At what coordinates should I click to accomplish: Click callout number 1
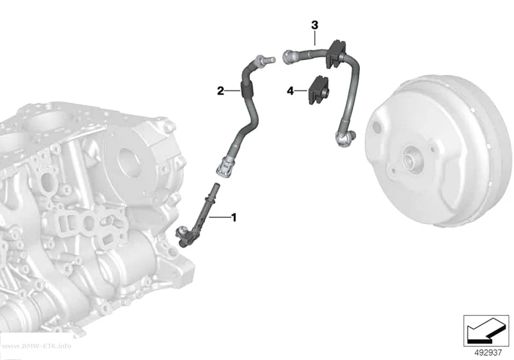click(x=234, y=217)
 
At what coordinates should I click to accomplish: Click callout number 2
click(x=221, y=91)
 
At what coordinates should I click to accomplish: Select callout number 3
click(x=315, y=25)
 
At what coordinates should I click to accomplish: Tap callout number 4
click(x=290, y=91)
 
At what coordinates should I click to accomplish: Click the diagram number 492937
click(x=489, y=353)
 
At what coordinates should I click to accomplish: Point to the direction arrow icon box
click(x=486, y=331)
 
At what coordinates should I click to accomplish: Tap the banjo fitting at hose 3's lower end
click(x=344, y=138)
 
